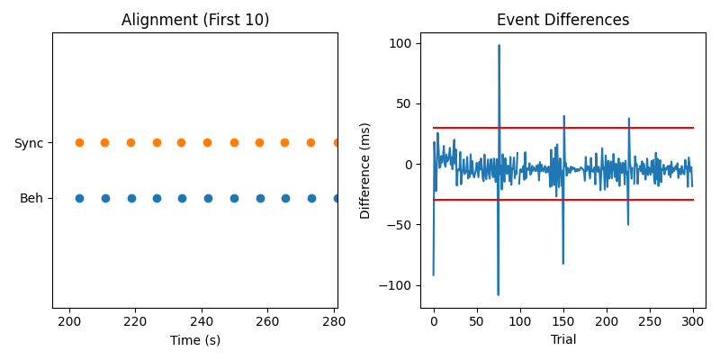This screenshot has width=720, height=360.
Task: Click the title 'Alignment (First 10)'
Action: click(195, 20)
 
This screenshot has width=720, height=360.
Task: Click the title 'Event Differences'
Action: click(563, 20)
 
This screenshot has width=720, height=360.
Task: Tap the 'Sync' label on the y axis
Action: click(28, 143)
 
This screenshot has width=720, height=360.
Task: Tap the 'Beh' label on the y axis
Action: click(31, 199)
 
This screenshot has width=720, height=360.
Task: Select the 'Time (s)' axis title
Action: click(195, 340)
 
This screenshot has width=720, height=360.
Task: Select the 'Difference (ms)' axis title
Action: click(365, 171)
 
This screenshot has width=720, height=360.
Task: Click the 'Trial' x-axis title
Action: click(563, 340)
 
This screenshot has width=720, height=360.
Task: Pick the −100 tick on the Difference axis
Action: click(396, 285)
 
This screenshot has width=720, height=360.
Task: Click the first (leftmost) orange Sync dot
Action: click(79, 142)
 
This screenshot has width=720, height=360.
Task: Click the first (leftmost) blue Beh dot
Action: click(79, 198)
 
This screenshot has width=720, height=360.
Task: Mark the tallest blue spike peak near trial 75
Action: click(499, 46)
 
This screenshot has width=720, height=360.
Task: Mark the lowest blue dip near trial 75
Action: click(498, 294)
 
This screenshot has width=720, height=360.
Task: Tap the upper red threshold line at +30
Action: click(585, 128)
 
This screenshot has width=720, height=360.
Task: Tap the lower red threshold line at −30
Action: click(585, 200)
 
